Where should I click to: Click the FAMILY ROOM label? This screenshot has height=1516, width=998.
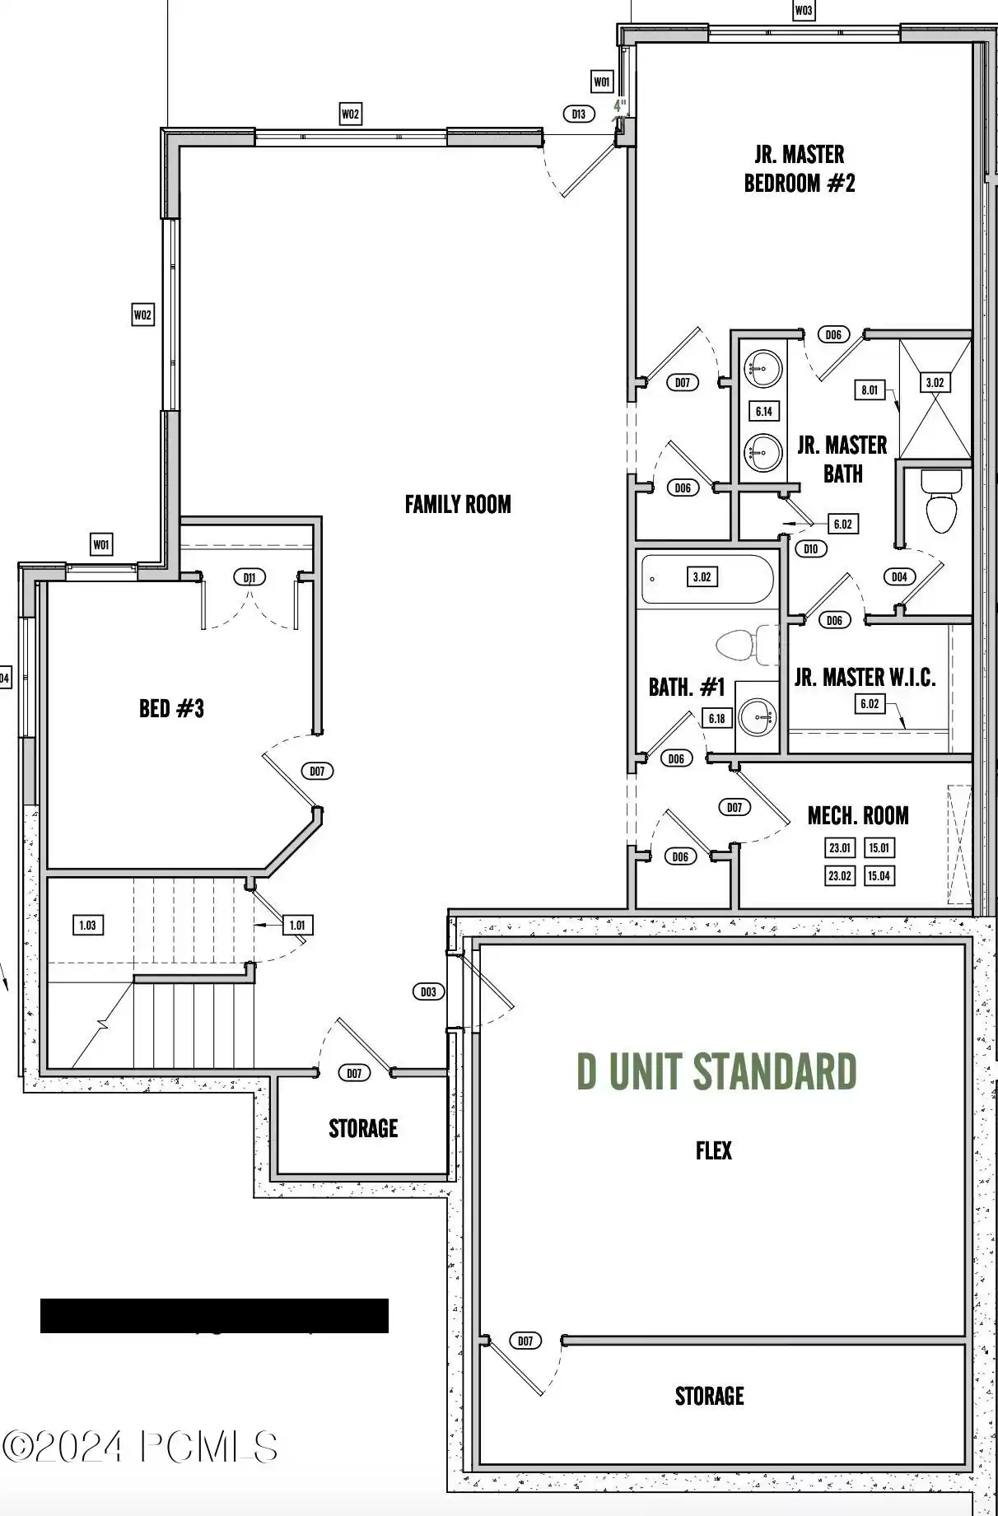458,504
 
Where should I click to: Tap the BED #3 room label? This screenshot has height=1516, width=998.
171,708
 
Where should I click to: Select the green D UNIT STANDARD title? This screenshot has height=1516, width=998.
716,1071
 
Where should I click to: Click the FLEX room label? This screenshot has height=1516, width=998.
713,1150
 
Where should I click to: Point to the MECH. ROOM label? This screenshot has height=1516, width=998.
858,816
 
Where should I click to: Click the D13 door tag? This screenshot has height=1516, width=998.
579,114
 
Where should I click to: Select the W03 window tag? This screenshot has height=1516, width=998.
803,11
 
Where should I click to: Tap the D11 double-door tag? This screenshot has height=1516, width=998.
249,577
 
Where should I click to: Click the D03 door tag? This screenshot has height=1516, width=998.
428,991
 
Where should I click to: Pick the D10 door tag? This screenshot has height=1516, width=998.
811,549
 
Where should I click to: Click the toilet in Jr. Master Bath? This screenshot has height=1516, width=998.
941,501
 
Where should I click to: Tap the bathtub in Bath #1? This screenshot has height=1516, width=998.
707,579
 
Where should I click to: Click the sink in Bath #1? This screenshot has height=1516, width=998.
757,716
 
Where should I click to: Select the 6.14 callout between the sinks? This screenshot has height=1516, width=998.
763,411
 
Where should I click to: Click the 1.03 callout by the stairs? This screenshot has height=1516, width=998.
87,925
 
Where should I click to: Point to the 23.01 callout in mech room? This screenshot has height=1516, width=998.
840,847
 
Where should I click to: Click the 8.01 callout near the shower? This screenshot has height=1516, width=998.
870,389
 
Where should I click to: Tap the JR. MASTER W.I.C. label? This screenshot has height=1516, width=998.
865,678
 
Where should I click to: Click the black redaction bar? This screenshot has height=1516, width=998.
214,1316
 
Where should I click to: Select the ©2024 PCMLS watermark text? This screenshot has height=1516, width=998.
140,1447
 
